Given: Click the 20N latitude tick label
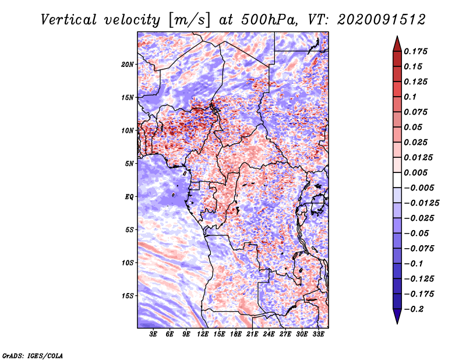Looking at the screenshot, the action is click(x=128, y=65).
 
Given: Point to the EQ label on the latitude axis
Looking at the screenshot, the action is click(x=129, y=197).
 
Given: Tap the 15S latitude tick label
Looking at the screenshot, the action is click(x=128, y=296).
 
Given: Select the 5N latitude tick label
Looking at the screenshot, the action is click(x=129, y=164).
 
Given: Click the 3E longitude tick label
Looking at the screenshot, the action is click(x=153, y=334).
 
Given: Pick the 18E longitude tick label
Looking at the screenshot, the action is click(x=236, y=334).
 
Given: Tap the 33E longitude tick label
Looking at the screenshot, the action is click(x=318, y=334).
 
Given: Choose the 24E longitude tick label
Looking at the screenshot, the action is click(x=269, y=334).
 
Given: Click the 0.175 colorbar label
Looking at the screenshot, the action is click(x=415, y=51).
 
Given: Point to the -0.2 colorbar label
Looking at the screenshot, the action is click(x=414, y=309).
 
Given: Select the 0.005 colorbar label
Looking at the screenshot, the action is click(x=415, y=172).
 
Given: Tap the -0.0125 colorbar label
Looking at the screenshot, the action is click(x=421, y=203).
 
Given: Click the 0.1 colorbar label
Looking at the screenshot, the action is click(x=410, y=97).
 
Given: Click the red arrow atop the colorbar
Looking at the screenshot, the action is click(x=397, y=44).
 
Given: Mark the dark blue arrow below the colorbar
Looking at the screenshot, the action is click(x=397, y=316).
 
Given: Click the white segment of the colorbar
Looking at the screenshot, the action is click(x=397, y=180).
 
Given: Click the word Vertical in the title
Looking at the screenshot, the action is click(x=69, y=20).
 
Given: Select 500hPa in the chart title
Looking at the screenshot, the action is click(x=268, y=20).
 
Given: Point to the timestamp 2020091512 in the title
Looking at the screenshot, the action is click(x=382, y=20).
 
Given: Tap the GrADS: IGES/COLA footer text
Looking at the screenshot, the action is click(x=33, y=356).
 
